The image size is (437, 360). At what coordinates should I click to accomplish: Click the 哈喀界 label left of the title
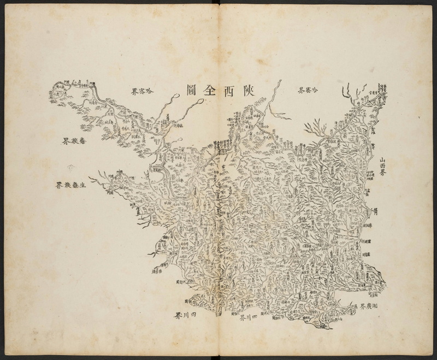(142, 91)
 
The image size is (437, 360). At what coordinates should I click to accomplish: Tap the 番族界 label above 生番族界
(72, 140)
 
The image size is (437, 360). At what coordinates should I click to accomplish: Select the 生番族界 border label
(73, 185)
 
